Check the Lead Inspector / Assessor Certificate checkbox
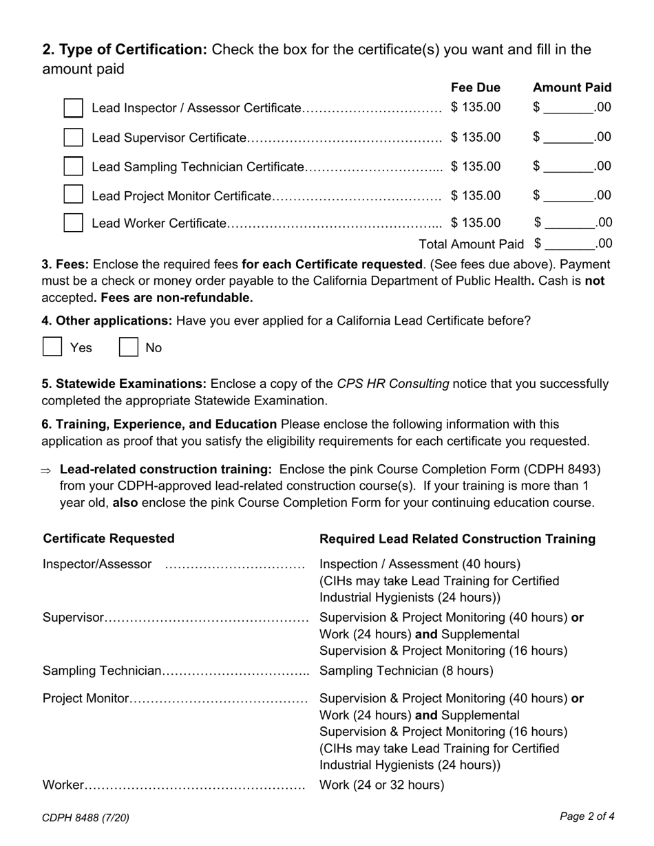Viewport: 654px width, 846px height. click(73, 108)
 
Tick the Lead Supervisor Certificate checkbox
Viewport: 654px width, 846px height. click(73, 138)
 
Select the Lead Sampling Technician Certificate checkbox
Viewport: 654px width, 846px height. click(73, 166)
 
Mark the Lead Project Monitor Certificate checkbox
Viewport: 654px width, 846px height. click(73, 195)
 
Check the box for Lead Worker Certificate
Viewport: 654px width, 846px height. click(73, 223)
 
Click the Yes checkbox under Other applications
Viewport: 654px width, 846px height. click(52, 347)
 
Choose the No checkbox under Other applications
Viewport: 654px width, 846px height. click(129, 347)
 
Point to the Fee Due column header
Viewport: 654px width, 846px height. click(476, 87)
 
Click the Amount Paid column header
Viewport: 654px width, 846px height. click(572, 87)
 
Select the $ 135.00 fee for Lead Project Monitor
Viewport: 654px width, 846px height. click(476, 195)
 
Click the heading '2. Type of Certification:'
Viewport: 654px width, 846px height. click(125, 50)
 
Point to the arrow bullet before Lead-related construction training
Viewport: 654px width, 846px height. click(46, 470)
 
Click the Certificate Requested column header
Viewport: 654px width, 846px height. click(109, 539)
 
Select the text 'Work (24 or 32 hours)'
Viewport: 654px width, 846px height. click(382, 785)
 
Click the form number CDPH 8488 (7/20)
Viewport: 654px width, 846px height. click(85, 818)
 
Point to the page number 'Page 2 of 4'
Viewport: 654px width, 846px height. click(587, 816)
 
